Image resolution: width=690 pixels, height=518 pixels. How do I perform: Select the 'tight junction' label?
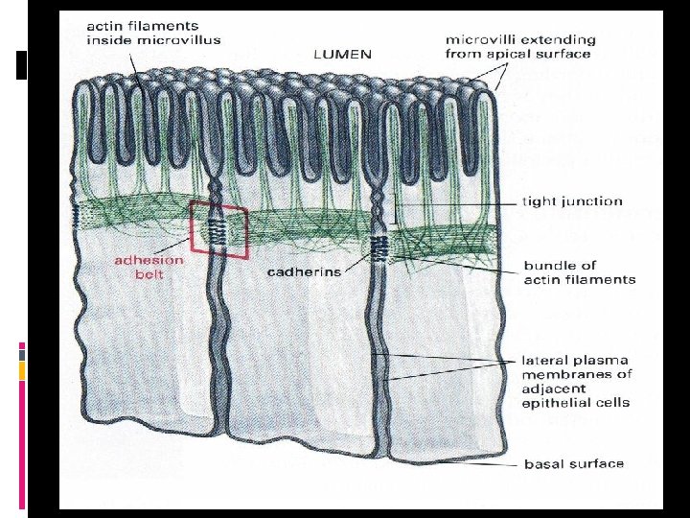tap(572, 201)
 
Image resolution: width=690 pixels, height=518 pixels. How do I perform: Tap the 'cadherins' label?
tap(304, 271)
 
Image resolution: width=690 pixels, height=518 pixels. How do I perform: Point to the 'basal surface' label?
tap(573, 464)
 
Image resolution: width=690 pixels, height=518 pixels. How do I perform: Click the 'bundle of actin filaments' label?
tap(579, 271)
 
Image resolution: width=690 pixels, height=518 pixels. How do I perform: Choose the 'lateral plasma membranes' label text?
tap(576, 381)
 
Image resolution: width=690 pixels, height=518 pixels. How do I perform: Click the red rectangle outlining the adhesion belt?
tap(218, 230)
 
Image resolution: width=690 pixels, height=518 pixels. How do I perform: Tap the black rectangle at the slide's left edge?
tap(22, 64)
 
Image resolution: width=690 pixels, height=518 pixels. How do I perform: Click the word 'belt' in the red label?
tap(149, 274)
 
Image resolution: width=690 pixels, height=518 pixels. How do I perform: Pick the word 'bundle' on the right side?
tap(547, 264)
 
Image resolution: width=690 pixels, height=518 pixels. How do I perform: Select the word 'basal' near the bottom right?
tap(544, 464)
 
